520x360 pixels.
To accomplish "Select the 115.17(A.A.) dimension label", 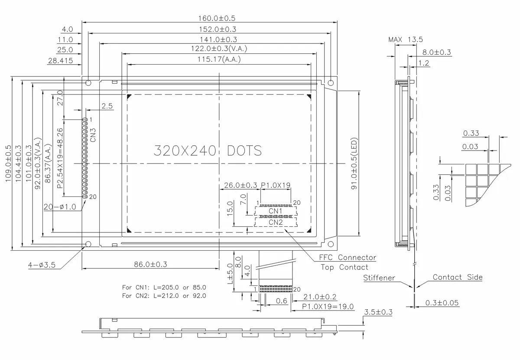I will pos(219,59).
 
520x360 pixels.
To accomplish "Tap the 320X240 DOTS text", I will pos(208,151).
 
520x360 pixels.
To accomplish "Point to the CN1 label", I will pos(276,211).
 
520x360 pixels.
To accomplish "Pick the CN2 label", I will pos(276,222).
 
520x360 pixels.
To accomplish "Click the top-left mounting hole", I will pos(88,82).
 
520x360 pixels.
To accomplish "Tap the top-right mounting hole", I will pos(331,82).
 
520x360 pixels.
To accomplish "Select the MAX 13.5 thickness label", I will pos(405,39).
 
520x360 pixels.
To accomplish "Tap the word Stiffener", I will pos(379,278).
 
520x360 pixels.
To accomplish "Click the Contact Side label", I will pos(457,277).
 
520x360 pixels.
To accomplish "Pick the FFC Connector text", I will pos(348,258).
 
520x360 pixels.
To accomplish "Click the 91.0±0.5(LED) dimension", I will pos(354,164).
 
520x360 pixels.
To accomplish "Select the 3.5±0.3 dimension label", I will pos(378,312).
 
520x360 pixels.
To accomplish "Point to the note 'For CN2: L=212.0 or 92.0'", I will pos(164,296).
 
